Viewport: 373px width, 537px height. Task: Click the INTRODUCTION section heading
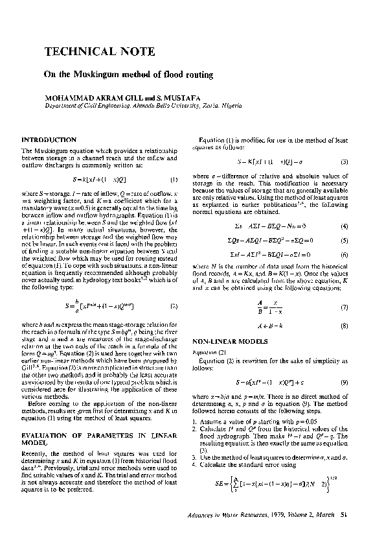point(49,140)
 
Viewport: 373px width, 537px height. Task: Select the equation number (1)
point(174,179)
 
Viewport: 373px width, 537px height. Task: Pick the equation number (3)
point(345,161)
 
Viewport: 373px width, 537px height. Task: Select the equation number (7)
point(345,307)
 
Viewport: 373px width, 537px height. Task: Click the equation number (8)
point(345,325)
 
